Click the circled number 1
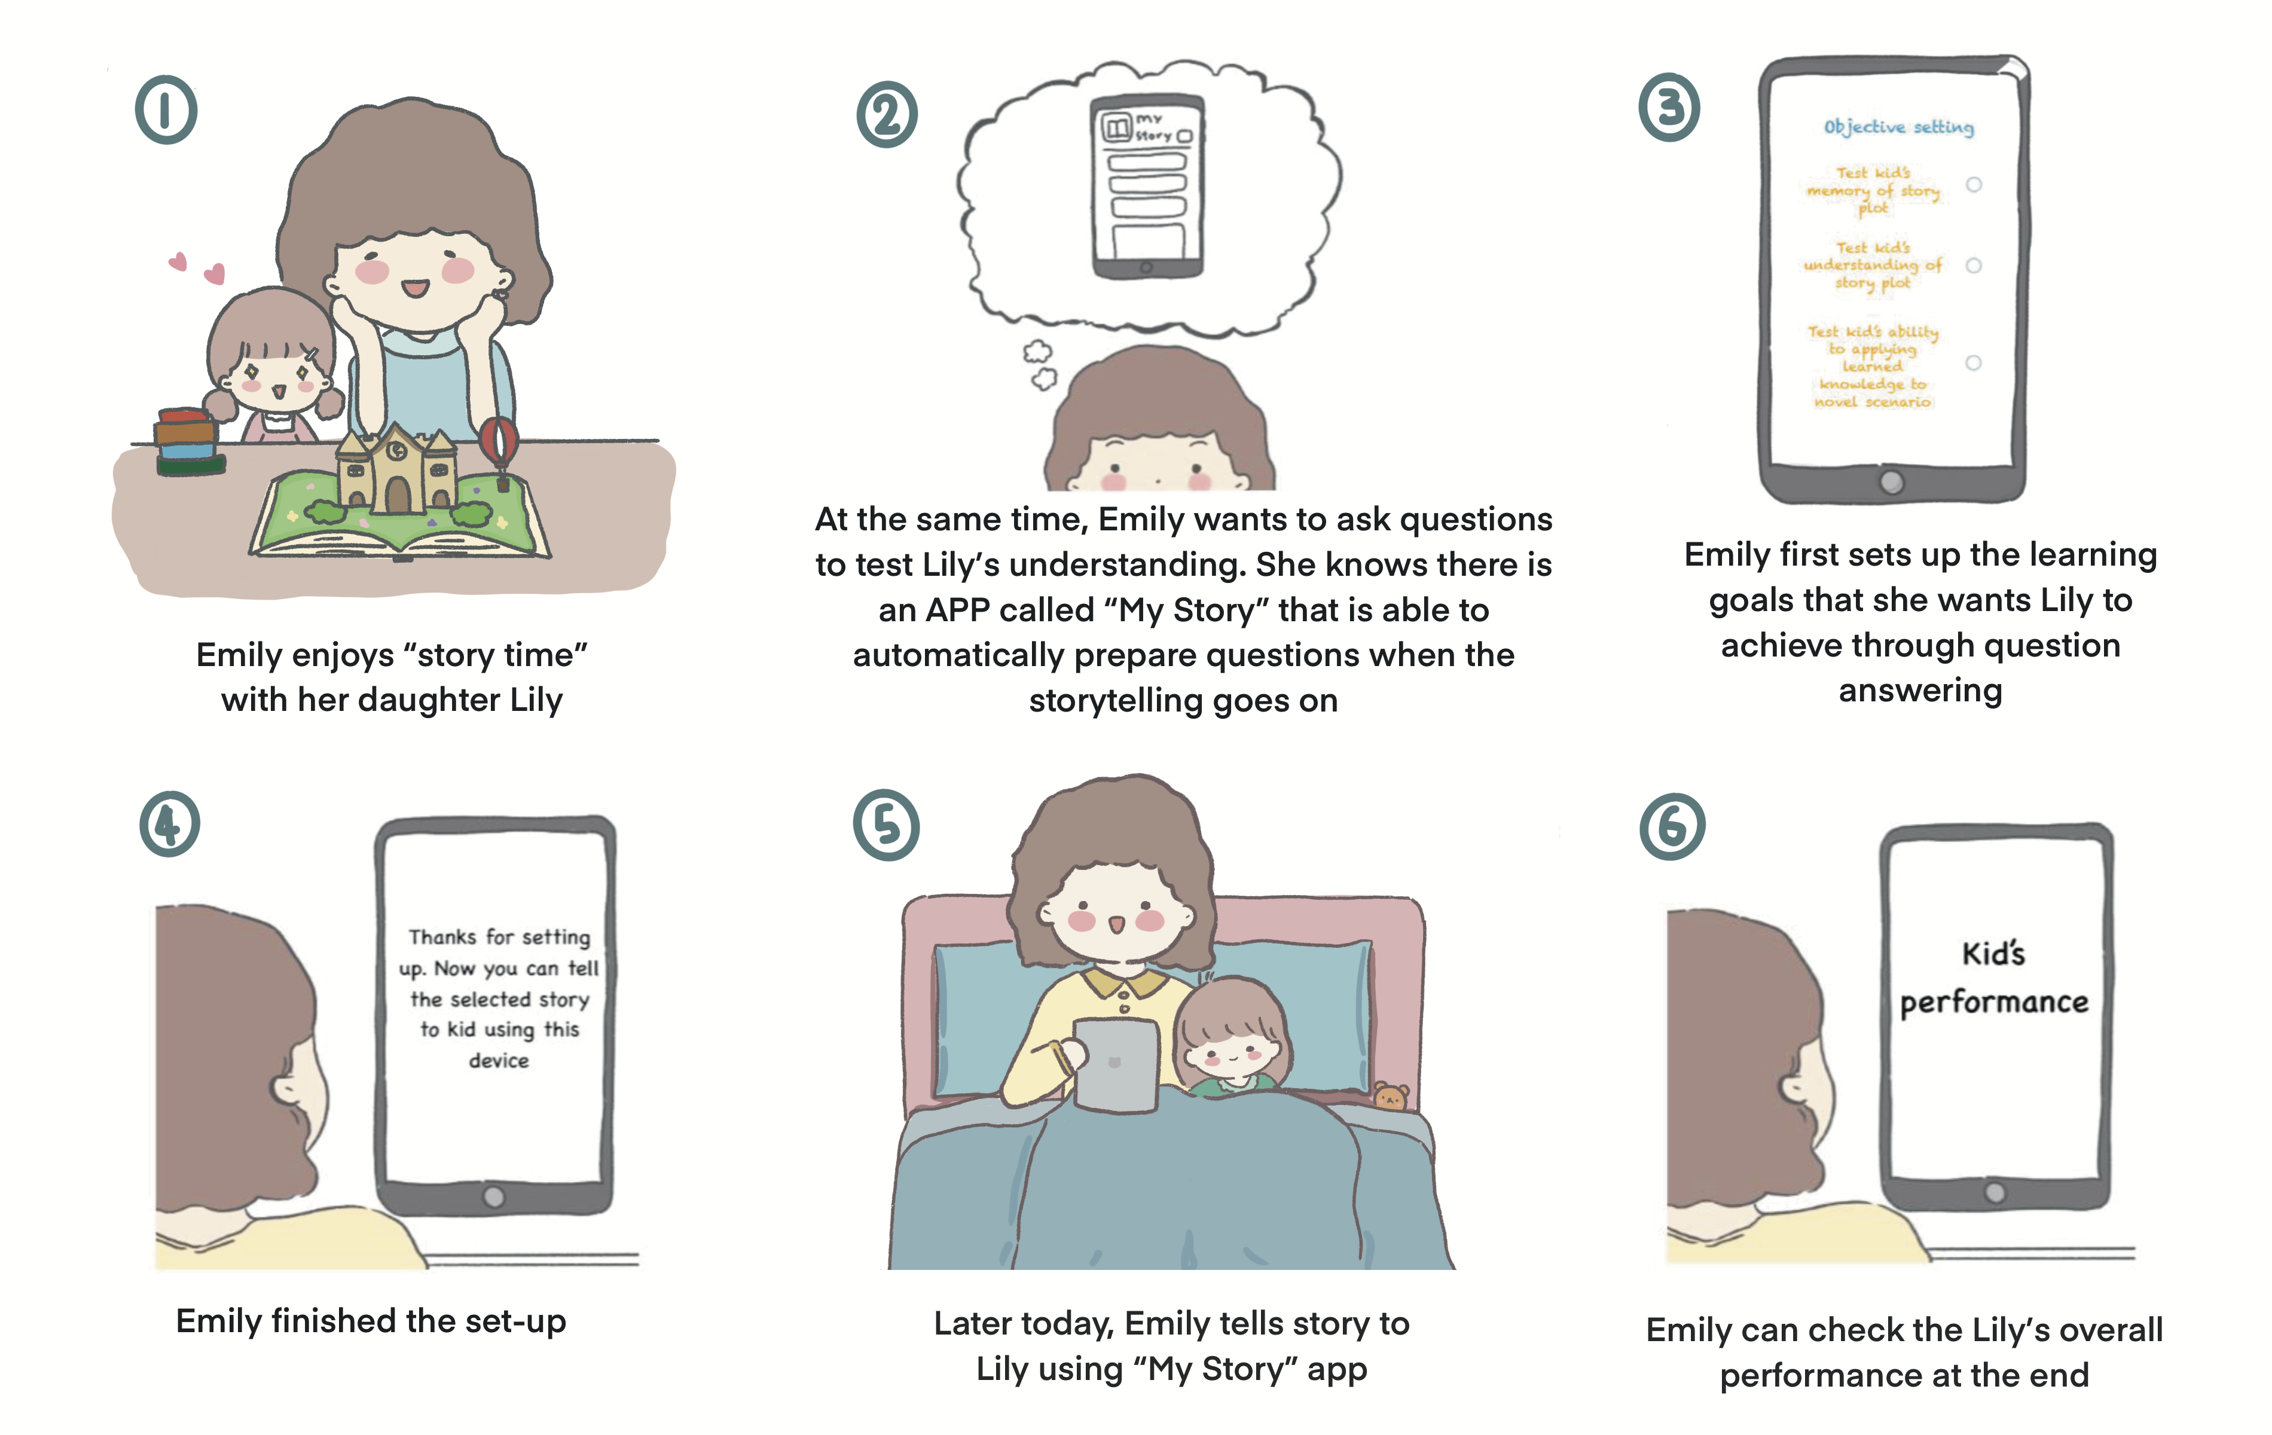166,109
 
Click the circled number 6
1672,826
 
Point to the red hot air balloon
499,444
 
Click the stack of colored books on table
189,441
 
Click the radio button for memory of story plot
1973,185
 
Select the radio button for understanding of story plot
1973,266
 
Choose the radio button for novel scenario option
1973,363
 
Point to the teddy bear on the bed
1390,1097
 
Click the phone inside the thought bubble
1146,186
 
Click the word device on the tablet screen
499,1061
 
